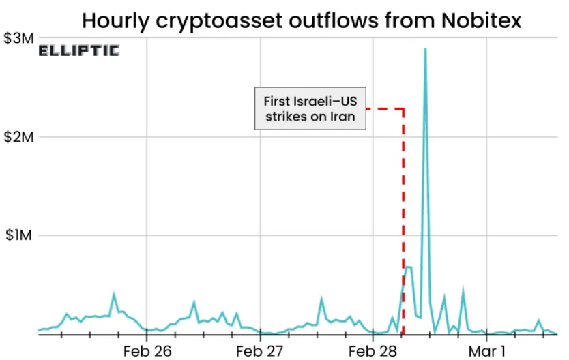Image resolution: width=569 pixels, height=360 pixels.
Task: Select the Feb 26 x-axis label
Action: pos(147,351)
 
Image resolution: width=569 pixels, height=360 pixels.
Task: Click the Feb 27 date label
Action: pos(260,351)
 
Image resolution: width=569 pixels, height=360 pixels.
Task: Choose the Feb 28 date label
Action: pos(373,351)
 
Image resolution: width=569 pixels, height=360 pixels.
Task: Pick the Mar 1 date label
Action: pos(486,351)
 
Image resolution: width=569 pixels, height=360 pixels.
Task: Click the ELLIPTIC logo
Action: pos(78,50)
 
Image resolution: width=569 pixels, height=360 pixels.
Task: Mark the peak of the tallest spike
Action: pos(426,49)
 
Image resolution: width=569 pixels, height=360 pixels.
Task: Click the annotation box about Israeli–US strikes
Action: pos(309,108)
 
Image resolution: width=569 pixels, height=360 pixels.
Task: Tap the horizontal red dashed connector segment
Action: pos(383,108)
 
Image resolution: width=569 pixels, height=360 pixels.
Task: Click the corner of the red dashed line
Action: pos(403,108)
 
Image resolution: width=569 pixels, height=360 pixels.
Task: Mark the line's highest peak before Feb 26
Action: pos(113,295)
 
